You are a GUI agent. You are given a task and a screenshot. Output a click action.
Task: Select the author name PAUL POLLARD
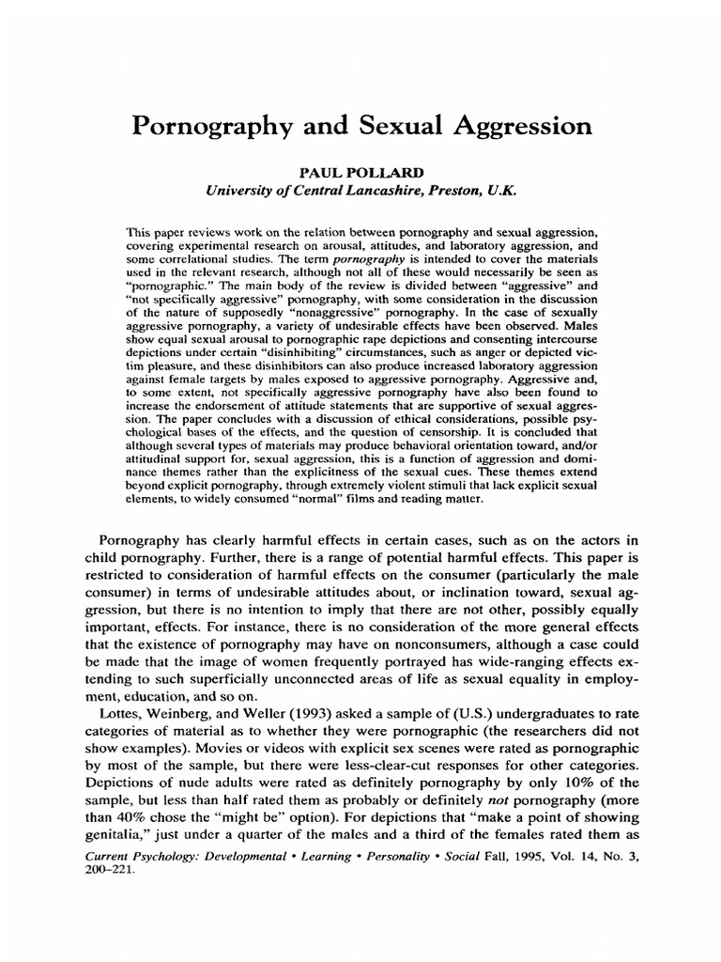pyautogui.click(x=360, y=172)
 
